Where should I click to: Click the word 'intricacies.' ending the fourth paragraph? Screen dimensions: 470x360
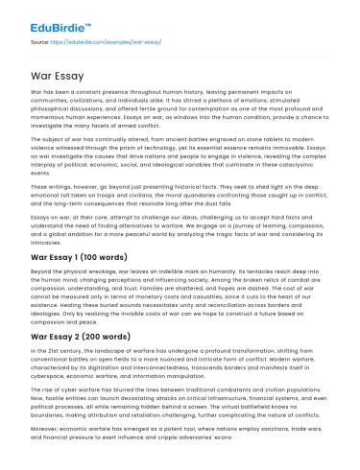[x=45, y=241]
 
